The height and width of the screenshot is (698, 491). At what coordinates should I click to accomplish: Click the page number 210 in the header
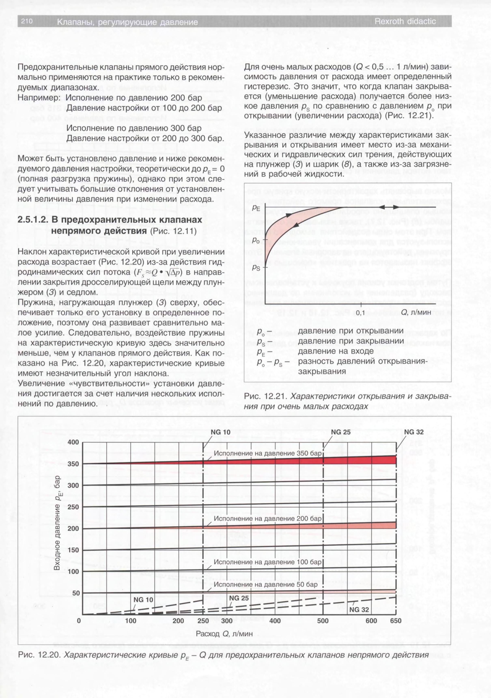click(27, 21)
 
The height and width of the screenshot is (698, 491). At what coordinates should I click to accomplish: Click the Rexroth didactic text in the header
click(405, 22)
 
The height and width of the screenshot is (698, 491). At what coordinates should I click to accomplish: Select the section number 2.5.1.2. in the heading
click(33, 220)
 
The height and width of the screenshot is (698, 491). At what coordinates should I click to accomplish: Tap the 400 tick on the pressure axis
click(73, 442)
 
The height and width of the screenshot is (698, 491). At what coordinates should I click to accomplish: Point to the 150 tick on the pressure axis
click(73, 550)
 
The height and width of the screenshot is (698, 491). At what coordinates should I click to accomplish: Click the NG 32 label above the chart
click(413, 432)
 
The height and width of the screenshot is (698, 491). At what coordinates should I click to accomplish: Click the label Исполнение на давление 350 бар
click(268, 453)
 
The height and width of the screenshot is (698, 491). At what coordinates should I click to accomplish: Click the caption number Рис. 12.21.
click(265, 396)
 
